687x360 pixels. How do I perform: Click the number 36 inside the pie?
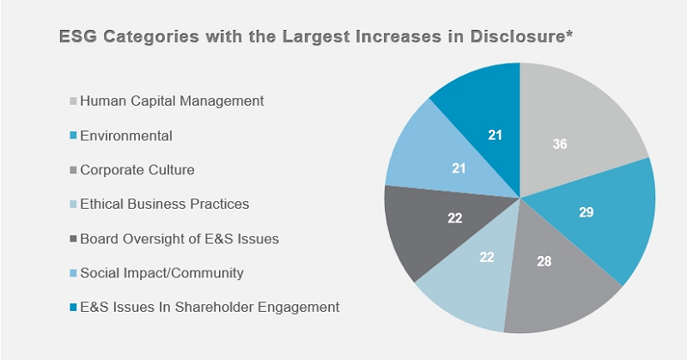click(x=560, y=144)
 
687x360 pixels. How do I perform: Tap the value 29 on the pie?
click(x=587, y=211)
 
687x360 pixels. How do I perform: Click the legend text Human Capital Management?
click(x=172, y=101)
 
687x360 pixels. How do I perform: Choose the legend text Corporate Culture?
click(x=137, y=170)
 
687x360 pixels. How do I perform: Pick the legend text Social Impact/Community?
click(x=162, y=273)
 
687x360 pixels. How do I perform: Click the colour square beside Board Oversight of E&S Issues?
click(x=73, y=239)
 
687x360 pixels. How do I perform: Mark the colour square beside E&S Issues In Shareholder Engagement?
click(x=73, y=308)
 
